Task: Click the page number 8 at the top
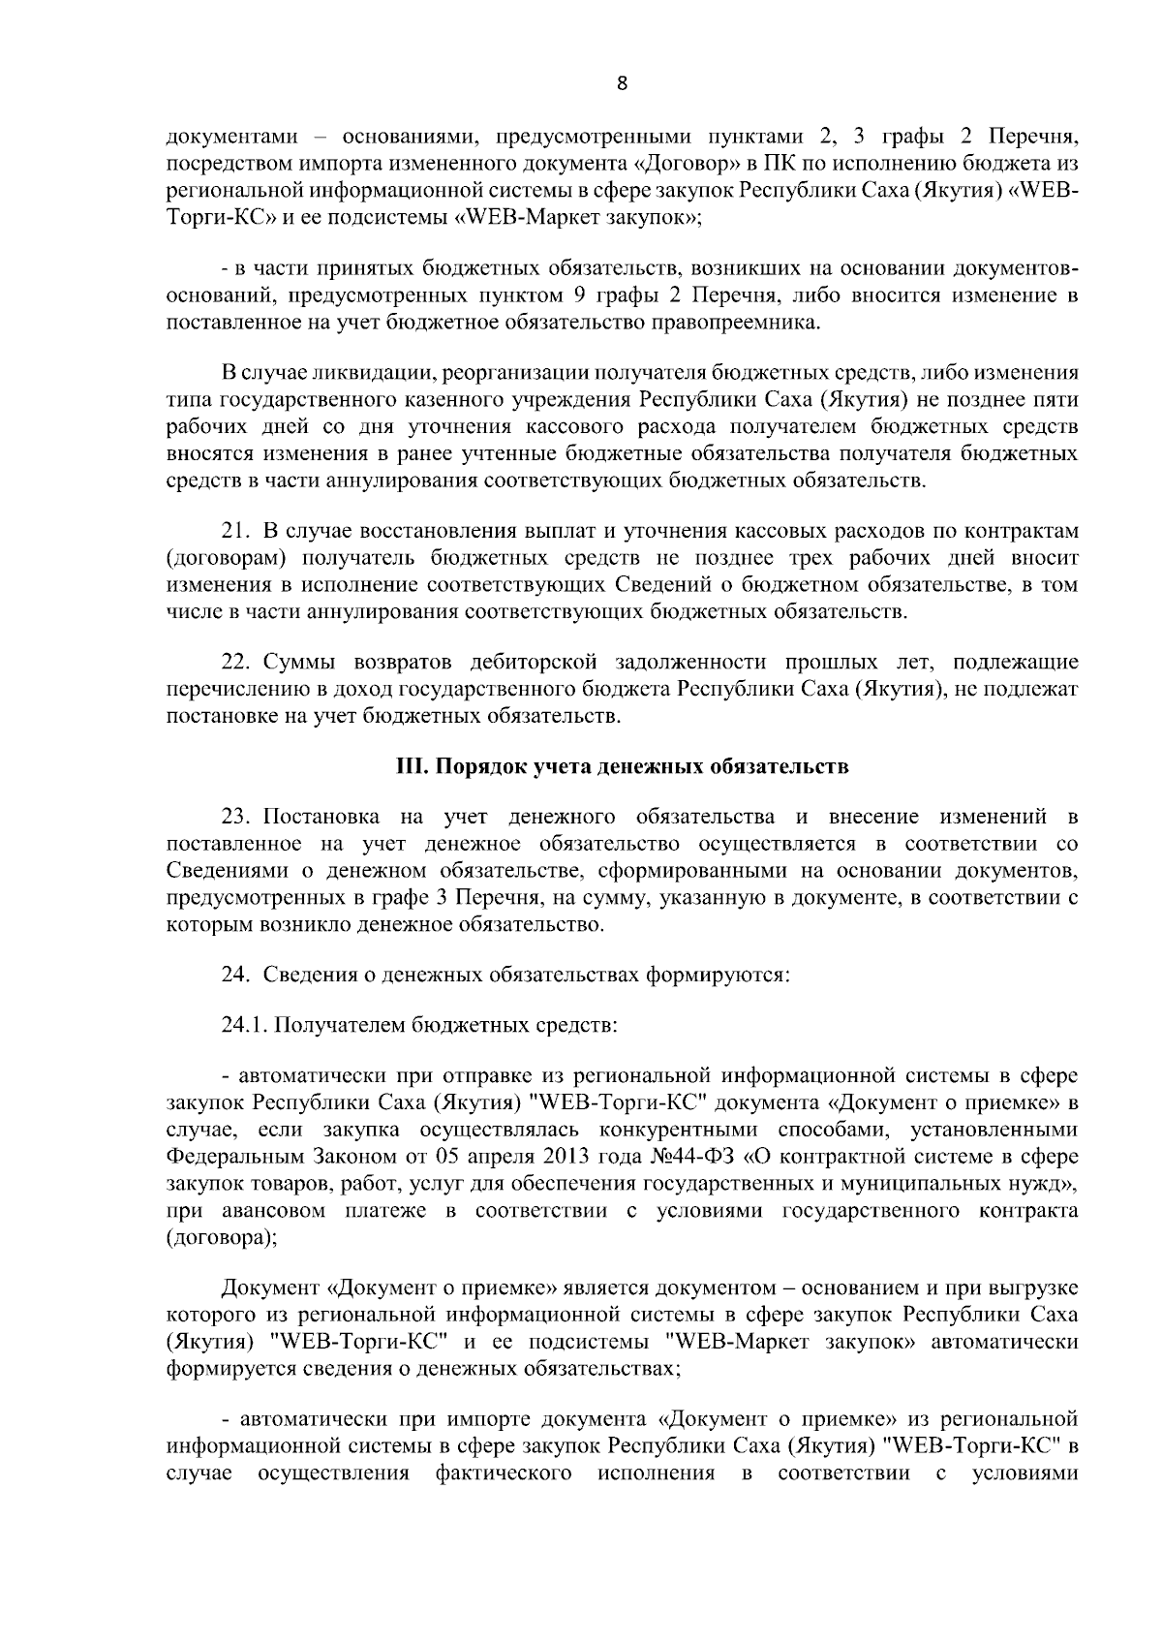622,84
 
